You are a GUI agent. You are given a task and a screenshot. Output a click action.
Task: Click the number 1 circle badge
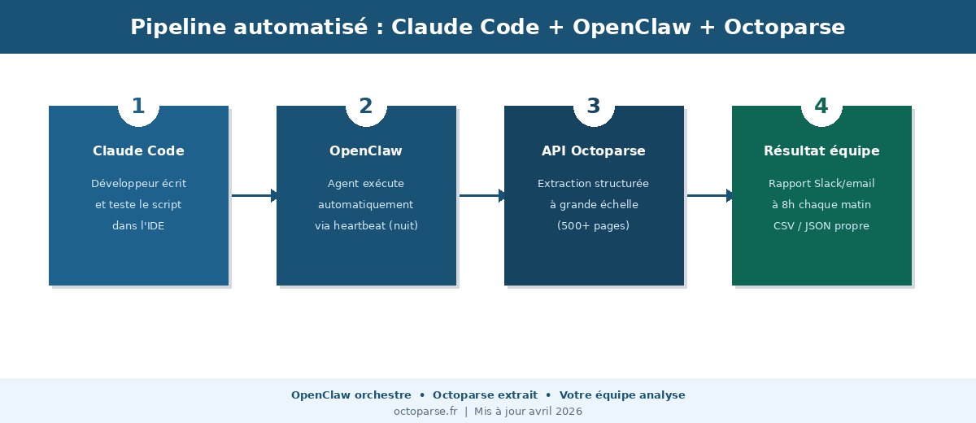tap(138, 107)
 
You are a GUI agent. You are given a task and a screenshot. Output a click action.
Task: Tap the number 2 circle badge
tap(366, 107)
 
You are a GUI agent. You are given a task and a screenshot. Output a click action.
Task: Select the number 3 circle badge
tap(594, 107)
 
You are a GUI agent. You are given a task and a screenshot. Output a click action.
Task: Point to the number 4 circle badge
tap(821, 107)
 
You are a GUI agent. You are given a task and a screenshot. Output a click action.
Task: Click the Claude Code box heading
tap(138, 151)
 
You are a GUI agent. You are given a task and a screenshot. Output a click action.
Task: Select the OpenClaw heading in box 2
tap(366, 151)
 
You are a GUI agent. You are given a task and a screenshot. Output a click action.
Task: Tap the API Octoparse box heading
tap(594, 151)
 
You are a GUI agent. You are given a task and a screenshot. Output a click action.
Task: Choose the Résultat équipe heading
tap(821, 151)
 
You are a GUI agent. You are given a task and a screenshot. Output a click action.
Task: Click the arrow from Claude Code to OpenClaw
tap(254, 195)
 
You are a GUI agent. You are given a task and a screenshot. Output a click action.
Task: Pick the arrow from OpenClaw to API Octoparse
tap(481, 195)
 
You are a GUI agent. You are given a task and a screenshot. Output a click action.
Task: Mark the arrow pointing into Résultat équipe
tap(709, 195)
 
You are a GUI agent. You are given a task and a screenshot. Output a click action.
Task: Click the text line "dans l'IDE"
tap(138, 226)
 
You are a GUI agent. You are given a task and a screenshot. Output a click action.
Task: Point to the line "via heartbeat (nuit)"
tap(366, 226)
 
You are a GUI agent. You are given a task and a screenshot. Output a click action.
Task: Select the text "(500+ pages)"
tap(594, 226)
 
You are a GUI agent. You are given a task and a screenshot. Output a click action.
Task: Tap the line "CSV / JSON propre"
tap(821, 226)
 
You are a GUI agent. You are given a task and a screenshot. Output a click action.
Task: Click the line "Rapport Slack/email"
tap(821, 184)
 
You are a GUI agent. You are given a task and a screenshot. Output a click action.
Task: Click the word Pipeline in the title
tap(177, 28)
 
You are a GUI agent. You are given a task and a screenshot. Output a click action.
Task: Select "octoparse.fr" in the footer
tap(425, 412)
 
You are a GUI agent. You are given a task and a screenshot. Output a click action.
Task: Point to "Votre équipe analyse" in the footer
tap(622, 395)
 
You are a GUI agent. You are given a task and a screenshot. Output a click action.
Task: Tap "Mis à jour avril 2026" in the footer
tap(528, 412)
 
